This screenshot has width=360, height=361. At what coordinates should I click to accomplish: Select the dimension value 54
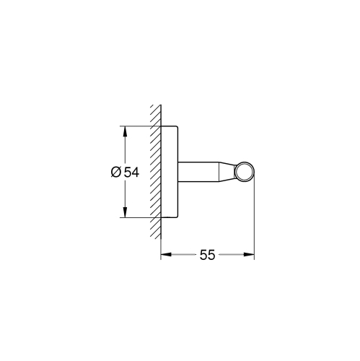pos(131,173)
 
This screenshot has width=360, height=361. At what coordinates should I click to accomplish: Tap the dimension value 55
pos(208,255)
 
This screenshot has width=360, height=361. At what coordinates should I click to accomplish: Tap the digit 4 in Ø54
pos(135,173)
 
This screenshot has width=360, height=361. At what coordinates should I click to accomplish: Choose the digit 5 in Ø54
pos(126,173)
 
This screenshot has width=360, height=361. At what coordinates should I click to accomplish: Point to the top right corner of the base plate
pos(177,127)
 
